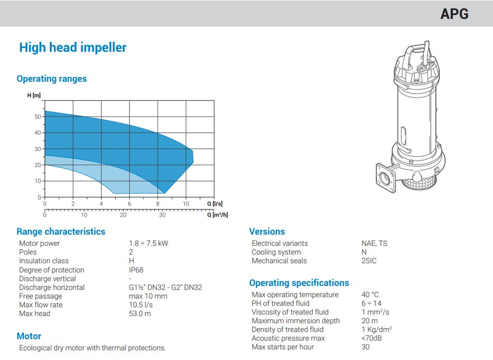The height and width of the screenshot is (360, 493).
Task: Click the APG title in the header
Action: click(454, 14)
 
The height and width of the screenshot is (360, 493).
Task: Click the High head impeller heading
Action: click(72, 48)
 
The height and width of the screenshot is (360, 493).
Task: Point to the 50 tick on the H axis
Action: click(37, 117)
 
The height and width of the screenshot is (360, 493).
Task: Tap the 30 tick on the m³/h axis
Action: click(162, 215)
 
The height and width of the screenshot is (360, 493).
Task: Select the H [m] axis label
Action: click(34, 96)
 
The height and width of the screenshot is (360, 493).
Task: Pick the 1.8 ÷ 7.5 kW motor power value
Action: click(148, 243)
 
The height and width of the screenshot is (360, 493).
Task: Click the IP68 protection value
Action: click(136, 270)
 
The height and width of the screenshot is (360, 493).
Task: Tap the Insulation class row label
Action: click(44, 261)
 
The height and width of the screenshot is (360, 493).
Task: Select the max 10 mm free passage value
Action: click(148, 296)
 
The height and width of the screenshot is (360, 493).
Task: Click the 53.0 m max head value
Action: click(140, 313)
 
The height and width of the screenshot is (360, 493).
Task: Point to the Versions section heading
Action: click(267, 231)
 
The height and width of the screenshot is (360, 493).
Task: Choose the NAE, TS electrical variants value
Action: click(374, 243)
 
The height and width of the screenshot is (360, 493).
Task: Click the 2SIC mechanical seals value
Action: click(369, 261)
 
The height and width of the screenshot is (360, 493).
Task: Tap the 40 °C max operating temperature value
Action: click(370, 295)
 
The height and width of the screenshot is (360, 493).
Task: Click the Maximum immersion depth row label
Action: click(296, 321)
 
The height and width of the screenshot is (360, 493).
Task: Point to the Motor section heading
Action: click(29, 336)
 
